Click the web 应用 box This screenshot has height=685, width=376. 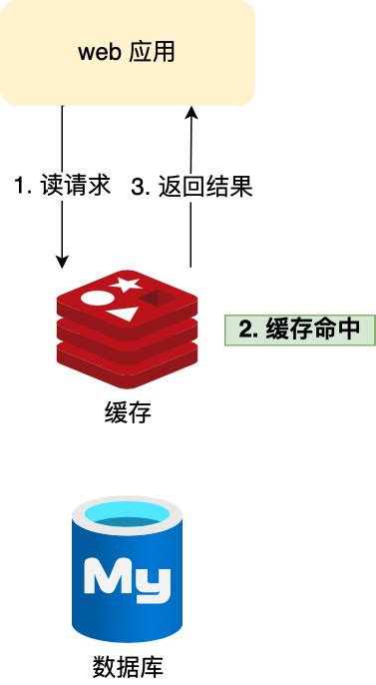point(127,52)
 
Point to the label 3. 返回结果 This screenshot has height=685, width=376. point(192,187)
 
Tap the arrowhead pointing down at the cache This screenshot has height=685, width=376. point(63,262)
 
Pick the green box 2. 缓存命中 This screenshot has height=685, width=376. point(299,331)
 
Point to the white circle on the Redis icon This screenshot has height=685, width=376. point(94,298)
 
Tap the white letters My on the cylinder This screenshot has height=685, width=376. point(127,579)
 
